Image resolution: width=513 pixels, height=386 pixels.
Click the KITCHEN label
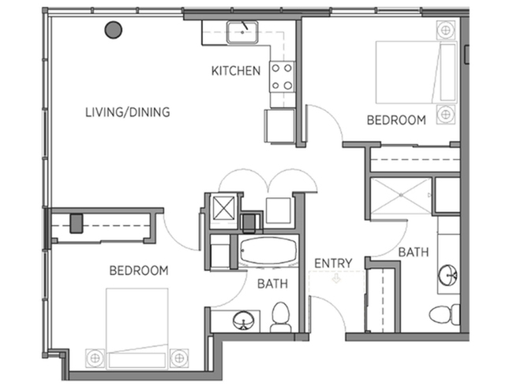click(x=235, y=71)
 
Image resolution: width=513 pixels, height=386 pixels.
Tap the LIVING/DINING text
click(x=128, y=112)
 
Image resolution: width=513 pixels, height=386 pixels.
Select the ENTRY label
click(x=333, y=263)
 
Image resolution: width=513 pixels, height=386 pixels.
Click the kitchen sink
click(x=242, y=32)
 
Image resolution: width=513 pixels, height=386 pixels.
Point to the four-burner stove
click(x=282, y=77)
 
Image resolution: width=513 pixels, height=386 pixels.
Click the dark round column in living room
click(x=113, y=30)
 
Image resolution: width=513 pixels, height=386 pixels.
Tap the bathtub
click(x=268, y=251)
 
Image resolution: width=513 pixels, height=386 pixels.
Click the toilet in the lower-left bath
click(x=281, y=317)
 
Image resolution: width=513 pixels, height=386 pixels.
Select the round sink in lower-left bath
click(x=244, y=321)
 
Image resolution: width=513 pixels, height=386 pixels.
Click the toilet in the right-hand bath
click(x=444, y=314)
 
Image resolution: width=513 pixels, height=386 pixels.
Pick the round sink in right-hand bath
click(x=448, y=275)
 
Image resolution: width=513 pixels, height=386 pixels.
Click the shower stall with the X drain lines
click(x=402, y=195)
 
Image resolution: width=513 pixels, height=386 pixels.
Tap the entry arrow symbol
click(x=336, y=279)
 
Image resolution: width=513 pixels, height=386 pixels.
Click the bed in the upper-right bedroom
click(x=416, y=72)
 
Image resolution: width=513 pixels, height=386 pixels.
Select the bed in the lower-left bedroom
click(x=137, y=328)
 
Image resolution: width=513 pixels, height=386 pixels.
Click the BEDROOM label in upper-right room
click(x=396, y=121)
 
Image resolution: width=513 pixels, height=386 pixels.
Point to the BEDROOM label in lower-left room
click(x=139, y=270)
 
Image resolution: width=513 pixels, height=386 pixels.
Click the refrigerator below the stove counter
click(x=279, y=126)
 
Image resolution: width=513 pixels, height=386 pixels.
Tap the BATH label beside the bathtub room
click(x=272, y=284)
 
